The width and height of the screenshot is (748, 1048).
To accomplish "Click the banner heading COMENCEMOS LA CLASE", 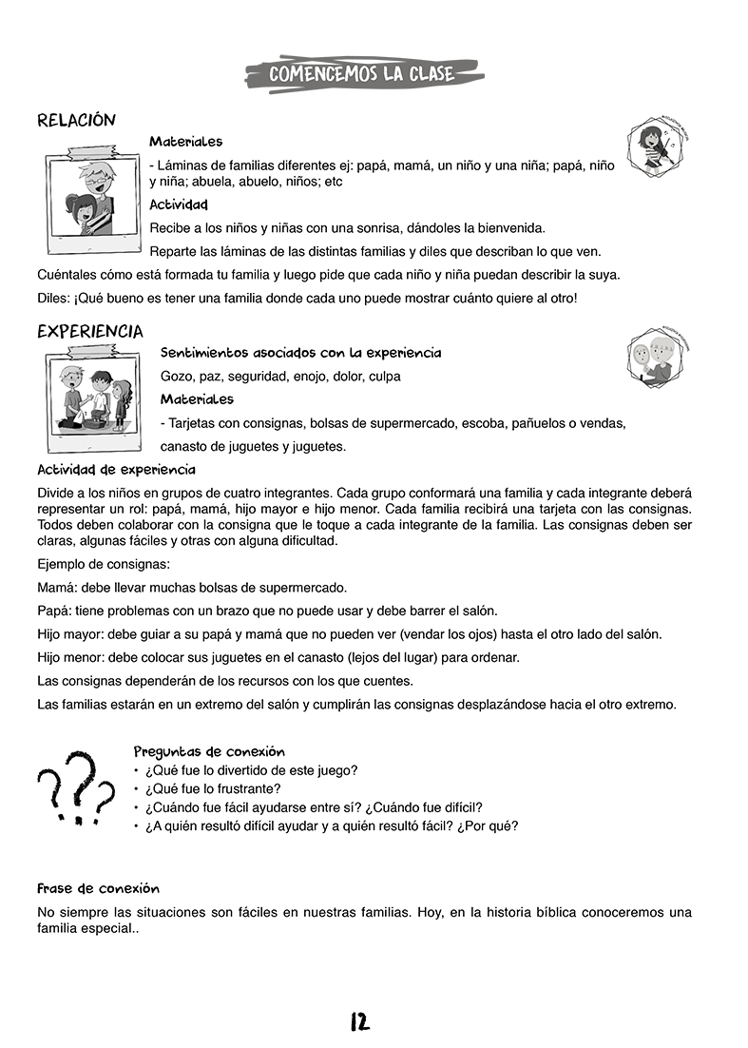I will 362,74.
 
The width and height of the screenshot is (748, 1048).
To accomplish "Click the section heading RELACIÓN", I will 76,120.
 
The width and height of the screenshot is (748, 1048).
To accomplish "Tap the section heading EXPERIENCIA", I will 90,331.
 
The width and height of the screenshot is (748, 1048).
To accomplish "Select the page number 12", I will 359,1022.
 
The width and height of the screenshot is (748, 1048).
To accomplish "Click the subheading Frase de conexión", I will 98,888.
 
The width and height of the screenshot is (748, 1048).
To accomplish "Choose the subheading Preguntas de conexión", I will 209,751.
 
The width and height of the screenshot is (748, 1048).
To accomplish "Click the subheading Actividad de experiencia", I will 116,470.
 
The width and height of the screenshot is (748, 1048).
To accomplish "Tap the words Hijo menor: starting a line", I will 71,657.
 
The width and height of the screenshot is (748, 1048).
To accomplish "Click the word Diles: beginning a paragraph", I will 53,299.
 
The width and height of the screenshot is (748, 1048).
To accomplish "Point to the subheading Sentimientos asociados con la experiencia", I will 300,353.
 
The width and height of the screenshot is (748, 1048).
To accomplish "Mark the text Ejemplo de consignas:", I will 104,564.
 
